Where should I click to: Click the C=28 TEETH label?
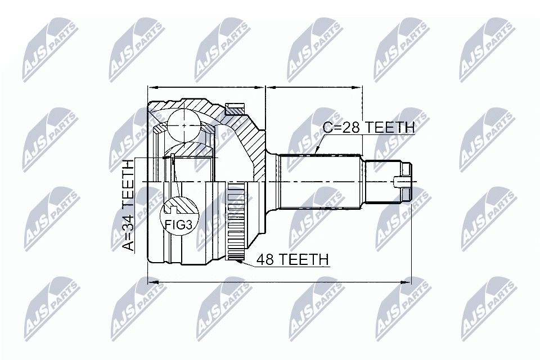(x=368, y=128)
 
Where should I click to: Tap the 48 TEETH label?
(x=292, y=259)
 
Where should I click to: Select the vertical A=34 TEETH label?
(x=128, y=205)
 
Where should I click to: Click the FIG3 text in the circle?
(x=179, y=224)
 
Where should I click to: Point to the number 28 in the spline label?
(x=350, y=128)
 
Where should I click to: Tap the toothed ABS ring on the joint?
(x=237, y=221)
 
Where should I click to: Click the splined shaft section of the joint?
(x=320, y=182)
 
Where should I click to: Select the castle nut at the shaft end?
(x=406, y=182)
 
